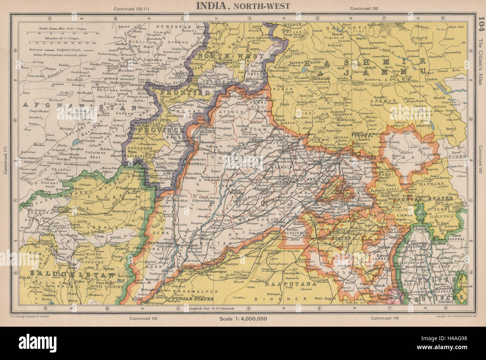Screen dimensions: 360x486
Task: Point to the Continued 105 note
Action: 143,318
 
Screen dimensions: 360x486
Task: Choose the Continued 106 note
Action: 385,318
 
